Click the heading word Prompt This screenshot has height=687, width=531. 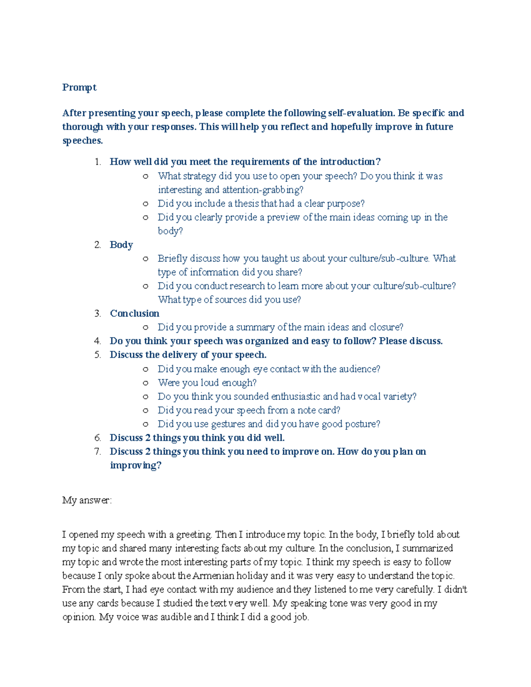(x=79, y=88)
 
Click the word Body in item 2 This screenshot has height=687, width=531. (x=121, y=245)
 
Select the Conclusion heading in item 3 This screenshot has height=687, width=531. (x=135, y=314)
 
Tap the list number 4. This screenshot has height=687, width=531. (x=97, y=341)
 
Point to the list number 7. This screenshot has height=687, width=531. (x=97, y=452)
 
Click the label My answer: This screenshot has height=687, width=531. (x=87, y=500)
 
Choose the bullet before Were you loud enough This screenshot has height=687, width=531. (x=145, y=383)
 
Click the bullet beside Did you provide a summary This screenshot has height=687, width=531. (x=145, y=328)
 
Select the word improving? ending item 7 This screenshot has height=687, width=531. (x=135, y=465)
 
